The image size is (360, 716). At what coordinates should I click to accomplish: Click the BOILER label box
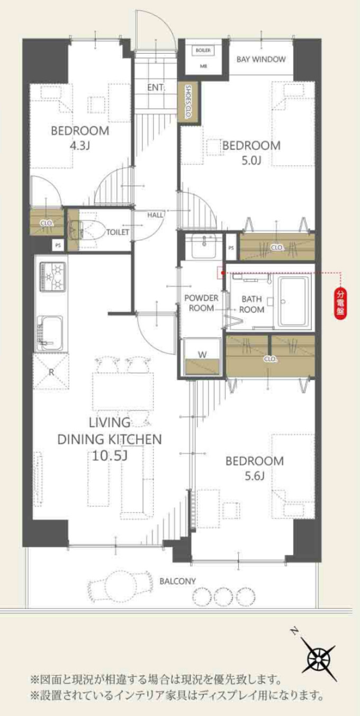coord(203,50)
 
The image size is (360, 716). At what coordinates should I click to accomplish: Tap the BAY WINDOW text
coord(261,59)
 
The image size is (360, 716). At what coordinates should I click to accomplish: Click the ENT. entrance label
coord(156,87)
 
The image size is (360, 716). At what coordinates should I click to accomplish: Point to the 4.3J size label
coord(80,146)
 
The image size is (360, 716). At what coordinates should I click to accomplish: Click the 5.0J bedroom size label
coord(251,160)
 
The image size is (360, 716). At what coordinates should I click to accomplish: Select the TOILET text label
coord(118,232)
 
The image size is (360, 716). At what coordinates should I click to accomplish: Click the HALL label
coord(155,215)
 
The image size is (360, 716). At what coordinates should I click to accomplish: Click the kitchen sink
coord(50,333)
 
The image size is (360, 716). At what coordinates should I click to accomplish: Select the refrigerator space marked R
coord(51,371)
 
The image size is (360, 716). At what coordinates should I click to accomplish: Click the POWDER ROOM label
coord(201,303)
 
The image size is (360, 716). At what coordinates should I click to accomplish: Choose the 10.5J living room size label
coord(110,455)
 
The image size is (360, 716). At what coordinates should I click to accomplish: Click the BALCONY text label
coord(177,581)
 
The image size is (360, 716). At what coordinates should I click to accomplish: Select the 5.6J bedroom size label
coord(254,476)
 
